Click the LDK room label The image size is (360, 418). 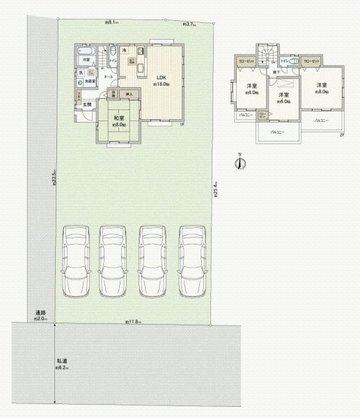coord(161,77)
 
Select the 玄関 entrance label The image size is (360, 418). coord(86,104)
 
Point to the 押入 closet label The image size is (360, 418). coord(128,93)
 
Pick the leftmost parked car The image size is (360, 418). coord(76,261)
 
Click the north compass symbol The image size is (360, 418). coord(240,163)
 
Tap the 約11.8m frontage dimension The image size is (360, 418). coord(133,322)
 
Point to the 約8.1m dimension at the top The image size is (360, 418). coord(111,22)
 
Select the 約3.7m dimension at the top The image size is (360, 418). coord(189,24)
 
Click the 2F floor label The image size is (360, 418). coord(342,135)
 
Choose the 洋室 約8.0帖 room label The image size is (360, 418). coord(322,88)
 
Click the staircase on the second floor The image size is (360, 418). coord(268,56)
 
